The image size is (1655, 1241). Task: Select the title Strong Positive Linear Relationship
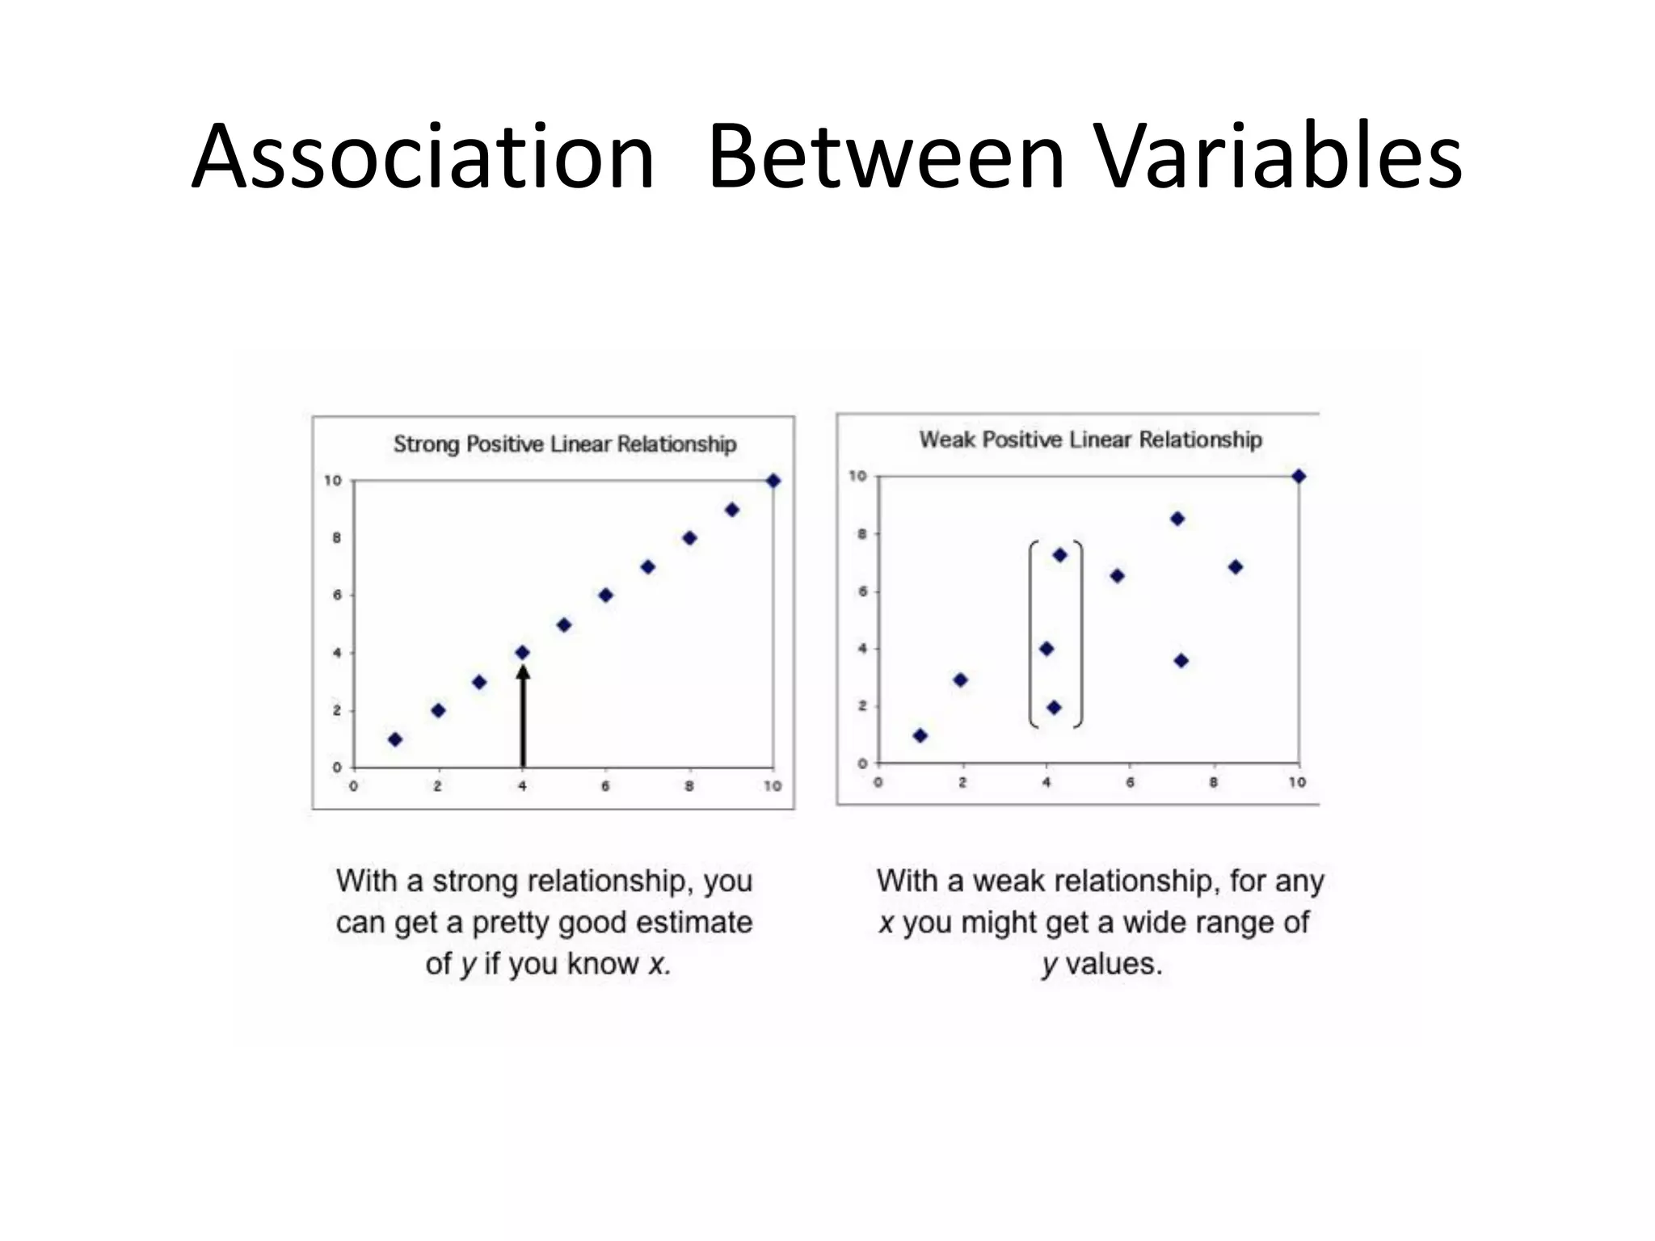click(x=565, y=444)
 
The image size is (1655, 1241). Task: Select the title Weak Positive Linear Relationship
click(x=1090, y=440)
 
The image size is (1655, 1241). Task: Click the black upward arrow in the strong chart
click(x=523, y=716)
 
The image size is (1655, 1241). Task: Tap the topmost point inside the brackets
click(x=1059, y=555)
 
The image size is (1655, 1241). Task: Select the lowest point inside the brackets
click(x=1054, y=708)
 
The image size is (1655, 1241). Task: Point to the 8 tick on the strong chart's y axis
click(x=337, y=538)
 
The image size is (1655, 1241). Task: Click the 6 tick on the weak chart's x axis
click(x=1130, y=782)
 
